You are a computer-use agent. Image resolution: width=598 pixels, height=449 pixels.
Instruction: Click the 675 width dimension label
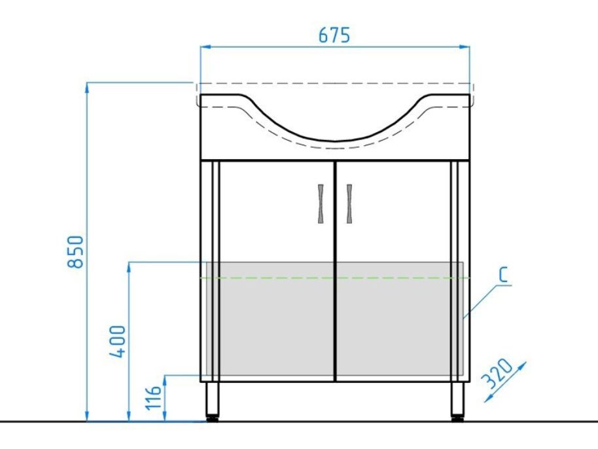(x=334, y=35)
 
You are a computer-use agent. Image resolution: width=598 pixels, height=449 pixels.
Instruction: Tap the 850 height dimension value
(x=75, y=252)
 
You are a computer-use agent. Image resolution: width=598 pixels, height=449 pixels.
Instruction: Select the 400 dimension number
(x=117, y=342)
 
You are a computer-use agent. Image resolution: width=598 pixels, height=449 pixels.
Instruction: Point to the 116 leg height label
(x=153, y=397)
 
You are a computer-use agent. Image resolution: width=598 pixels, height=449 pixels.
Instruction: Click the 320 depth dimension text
(x=497, y=372)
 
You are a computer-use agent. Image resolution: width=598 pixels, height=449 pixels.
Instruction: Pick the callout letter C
(x=504, y=275)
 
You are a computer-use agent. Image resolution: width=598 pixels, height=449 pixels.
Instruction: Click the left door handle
(x=321, y=204)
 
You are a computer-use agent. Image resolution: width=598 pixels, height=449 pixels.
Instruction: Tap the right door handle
(x=349, y=204)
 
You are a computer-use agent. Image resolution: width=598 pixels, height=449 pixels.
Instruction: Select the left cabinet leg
(x=213, y=399)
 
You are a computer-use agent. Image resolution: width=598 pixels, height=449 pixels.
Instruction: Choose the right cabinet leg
(x=457, y=399)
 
